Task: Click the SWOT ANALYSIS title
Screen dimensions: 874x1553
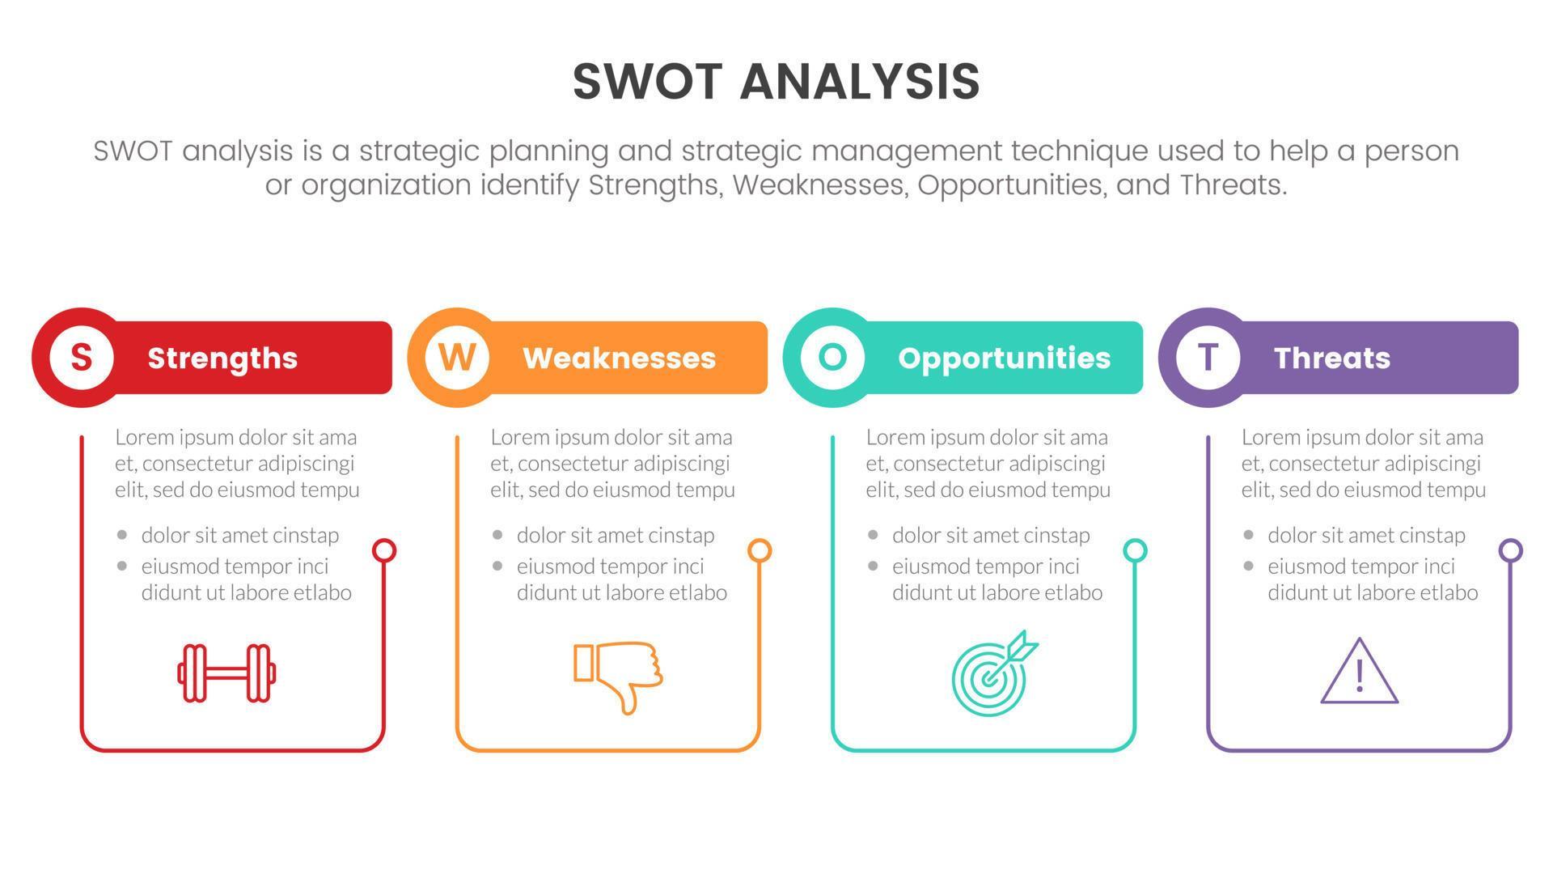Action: (x=776, y=82)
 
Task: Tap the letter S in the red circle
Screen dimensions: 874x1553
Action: (x=81, y=357)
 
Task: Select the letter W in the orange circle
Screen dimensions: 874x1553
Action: (x=457, y=357)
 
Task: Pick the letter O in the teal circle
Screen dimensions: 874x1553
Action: (x=832, y=357)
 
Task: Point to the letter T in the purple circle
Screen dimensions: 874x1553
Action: (x=1208, y=357)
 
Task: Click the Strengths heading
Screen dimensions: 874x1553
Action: (x=222, y=358)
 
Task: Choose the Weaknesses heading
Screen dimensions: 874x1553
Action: (x=619, y=358)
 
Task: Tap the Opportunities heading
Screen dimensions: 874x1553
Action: (x=1004, y=358)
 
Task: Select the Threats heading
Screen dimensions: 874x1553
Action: (x=1331, y=358)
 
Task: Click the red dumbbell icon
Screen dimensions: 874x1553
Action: (x=227, y=672)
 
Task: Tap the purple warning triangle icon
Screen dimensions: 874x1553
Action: (x=1359, y=672)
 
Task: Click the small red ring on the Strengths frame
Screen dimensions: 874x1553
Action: (x=384, y=551)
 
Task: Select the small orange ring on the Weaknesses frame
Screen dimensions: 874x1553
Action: (x=760, y=551)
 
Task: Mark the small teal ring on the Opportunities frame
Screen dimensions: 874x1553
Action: (x=1135, y=551)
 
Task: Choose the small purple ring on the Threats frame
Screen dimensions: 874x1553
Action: (x=1510, y=551)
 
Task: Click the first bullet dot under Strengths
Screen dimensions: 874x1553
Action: (x=122, y=535)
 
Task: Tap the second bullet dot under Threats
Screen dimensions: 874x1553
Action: (x=1249, y=566)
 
